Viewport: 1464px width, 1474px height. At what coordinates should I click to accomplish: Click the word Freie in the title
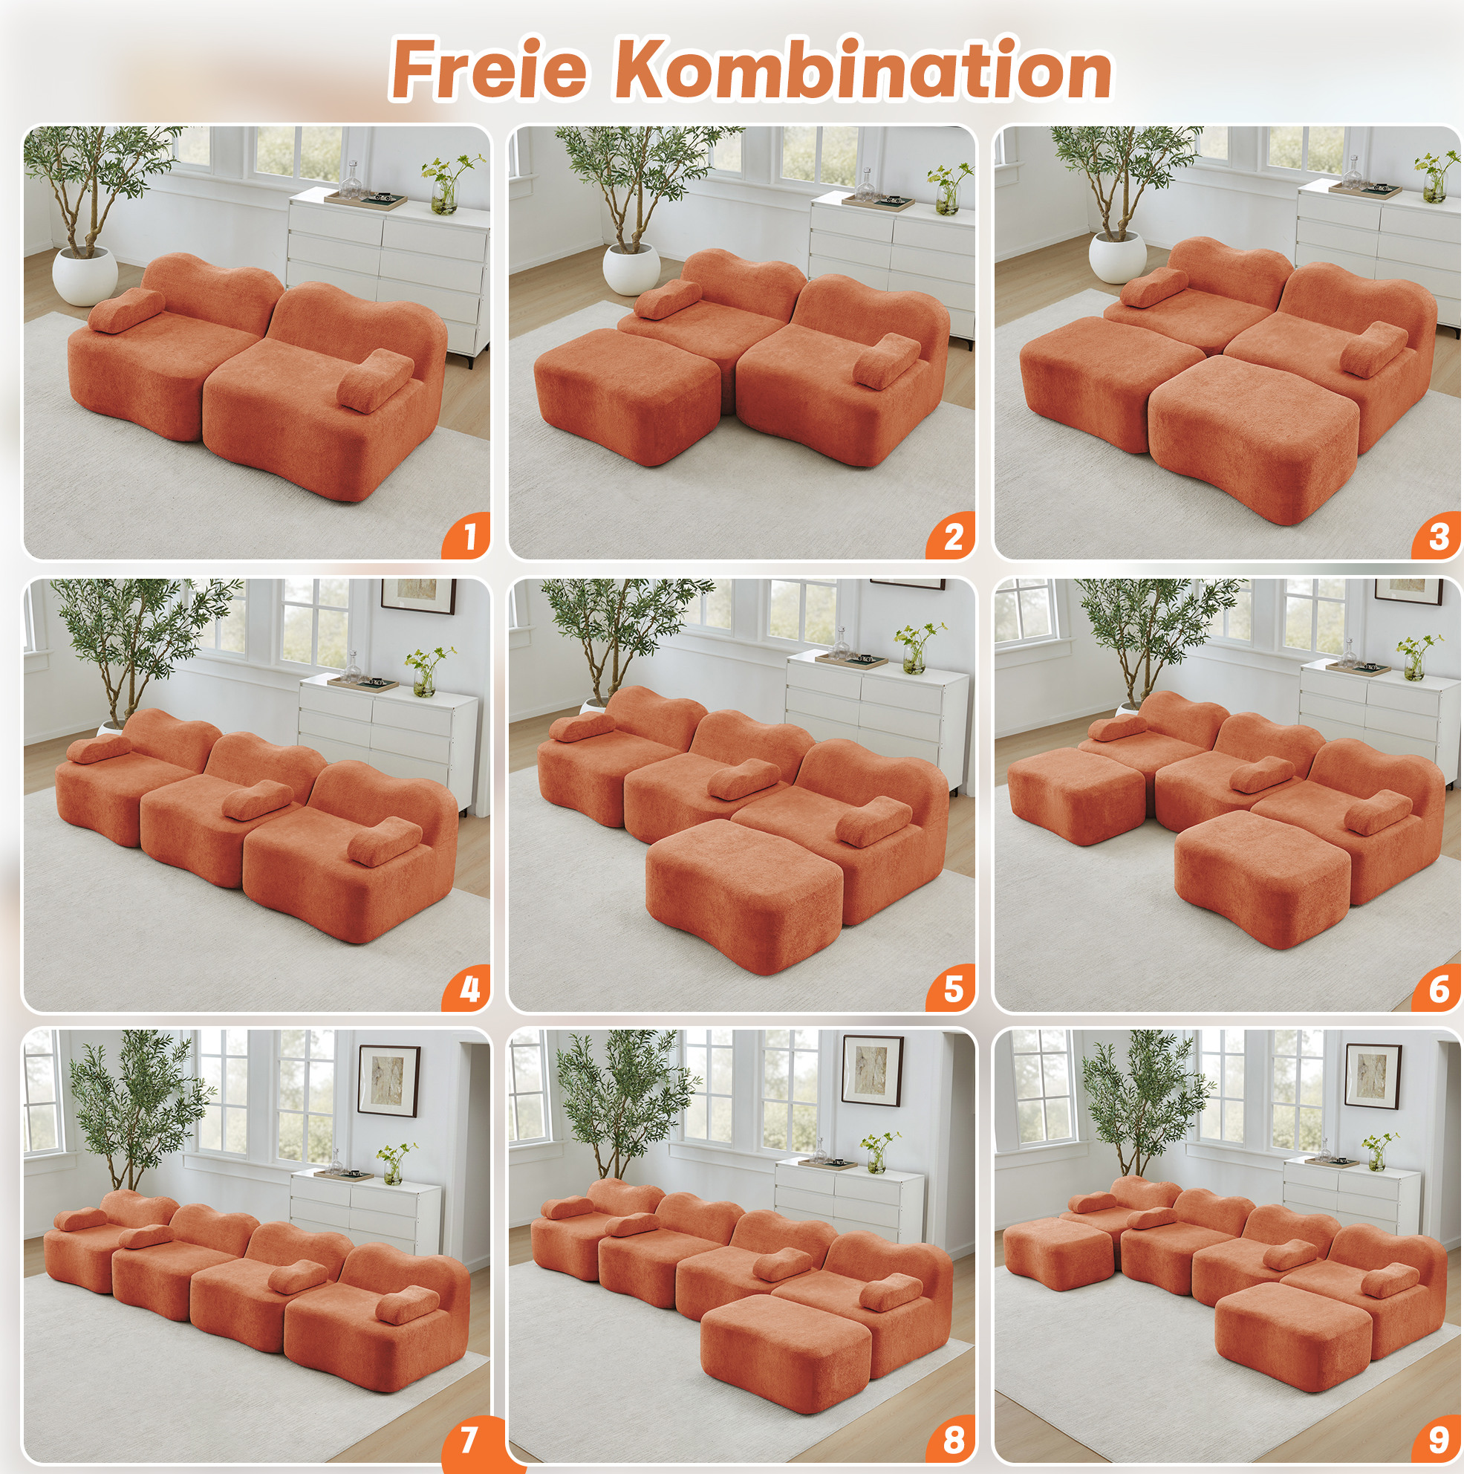tap(489, 70)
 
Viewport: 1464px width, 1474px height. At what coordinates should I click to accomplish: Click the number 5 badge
tap(951, 988)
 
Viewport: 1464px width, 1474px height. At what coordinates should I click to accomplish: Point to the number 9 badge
tap(1437, 1439)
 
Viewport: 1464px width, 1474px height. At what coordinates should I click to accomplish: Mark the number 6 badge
tap(1437, 988)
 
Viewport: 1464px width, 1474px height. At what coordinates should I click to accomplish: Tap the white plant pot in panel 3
tap(1117, 257)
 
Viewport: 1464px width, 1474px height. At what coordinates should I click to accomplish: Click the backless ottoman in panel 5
tap(744, 892)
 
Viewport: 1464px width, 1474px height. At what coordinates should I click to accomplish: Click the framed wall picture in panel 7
tap(389, 1080)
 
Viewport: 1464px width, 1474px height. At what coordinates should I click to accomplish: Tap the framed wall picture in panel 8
tap(872, 1069)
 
